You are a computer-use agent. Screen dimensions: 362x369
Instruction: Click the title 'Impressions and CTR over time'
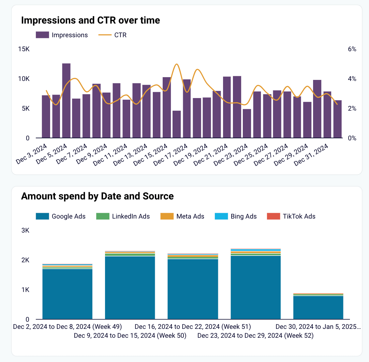[90, 20]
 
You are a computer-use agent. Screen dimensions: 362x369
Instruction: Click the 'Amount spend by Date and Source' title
[97, 196]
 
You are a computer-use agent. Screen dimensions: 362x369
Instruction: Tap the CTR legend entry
[113, 35]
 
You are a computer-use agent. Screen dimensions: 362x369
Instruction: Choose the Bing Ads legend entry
[236, 216]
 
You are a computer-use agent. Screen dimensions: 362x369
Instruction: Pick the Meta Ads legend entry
[182, 216]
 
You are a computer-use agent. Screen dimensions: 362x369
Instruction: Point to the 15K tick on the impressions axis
[24, 49]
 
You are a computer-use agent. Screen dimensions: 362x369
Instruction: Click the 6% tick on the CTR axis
[352, 49]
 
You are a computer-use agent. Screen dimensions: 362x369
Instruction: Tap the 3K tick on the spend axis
[25, 231]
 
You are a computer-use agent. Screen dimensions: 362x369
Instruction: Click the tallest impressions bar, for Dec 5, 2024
[66, 101]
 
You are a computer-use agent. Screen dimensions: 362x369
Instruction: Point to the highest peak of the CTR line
[176, 64]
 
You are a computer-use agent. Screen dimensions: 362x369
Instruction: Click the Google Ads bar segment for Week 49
[67, 294]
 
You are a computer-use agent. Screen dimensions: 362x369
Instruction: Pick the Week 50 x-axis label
[130, 336]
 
